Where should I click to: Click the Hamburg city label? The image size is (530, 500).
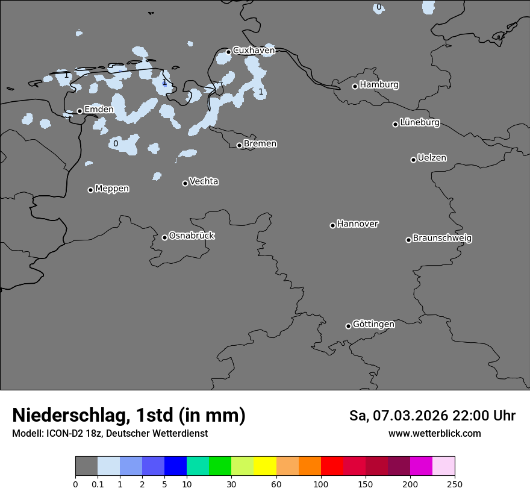pyautogui.click(x=379, y=85)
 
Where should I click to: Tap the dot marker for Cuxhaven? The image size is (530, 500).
pyautogui.click(x=228, y=52)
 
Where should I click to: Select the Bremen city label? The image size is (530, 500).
pyautogui.click(x=260, y=144)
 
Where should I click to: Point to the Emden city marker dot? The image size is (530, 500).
pyautogui.click(x=79, y=111)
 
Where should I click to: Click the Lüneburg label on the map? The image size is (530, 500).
pyautogui.click(x=420, y=123)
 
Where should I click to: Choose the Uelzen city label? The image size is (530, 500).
pyautogui.click(x=432, y=158)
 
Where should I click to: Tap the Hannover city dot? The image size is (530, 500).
pyautogui.click(x=332, y=225)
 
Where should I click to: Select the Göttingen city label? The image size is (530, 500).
pyautogui.click(x=373, y=325)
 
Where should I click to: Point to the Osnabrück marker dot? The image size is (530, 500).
pyautogui.click(x=164, y=237)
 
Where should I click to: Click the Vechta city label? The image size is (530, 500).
pyautogui.click(x=204, y=182)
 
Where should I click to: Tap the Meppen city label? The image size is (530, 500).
pyautogui.click(x=112, y=189)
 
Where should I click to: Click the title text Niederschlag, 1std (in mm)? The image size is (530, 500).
pyautogui.click(x=129, y=416)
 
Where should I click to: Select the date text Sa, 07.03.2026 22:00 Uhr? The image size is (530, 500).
pyautogui.click(x=432, y=416)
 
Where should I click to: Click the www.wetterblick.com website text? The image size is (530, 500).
pyautogui.click(x=434, y=434)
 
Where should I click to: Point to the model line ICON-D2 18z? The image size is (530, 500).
pyautogui.click(x=110, y=434)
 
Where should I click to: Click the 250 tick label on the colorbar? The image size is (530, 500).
pyautogui.click(x=455, y=484)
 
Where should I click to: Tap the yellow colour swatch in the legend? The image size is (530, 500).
pyautogui.click(x=265, y=466)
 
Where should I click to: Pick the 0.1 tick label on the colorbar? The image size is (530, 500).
pyautogui.click(x=98, y=484)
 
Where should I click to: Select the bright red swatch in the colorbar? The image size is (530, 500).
pyautogui.click(x=332, y=466)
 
